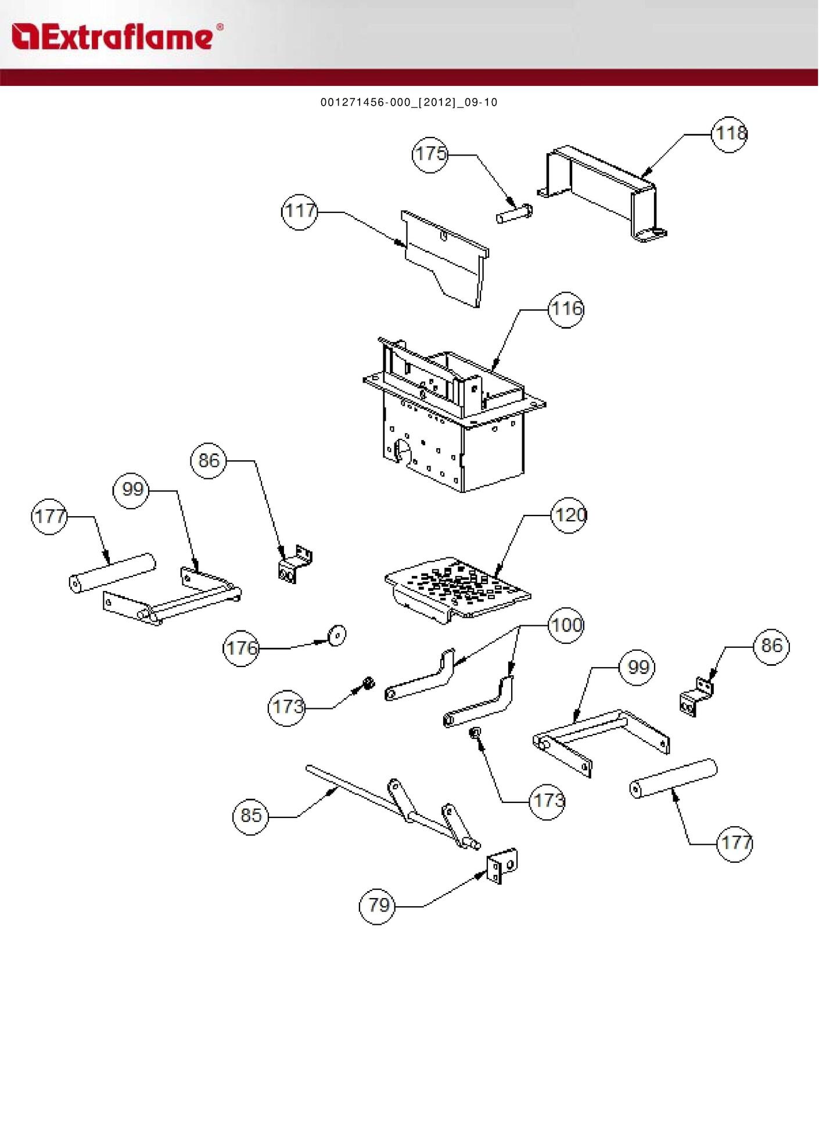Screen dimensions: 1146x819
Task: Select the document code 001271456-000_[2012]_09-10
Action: (409, 103)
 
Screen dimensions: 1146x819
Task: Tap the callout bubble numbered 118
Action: (730, 134)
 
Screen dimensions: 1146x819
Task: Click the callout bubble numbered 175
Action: (430, 154)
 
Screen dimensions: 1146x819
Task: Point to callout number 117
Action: (299, 212)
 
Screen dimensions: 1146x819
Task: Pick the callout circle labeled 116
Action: (566, 309)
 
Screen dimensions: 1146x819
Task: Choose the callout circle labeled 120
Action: (569, 515)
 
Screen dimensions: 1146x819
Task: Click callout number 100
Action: (566, 626)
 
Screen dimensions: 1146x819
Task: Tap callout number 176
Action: (241, 648)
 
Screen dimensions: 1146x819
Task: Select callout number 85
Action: (250, 816)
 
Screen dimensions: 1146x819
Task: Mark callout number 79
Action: (378, 905)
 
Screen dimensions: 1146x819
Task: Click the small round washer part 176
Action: (336, 635)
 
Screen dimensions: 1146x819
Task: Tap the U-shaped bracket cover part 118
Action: (604, 192)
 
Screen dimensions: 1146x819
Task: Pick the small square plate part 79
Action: (502, 866)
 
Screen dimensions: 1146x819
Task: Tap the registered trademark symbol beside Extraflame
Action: (220, 27)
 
